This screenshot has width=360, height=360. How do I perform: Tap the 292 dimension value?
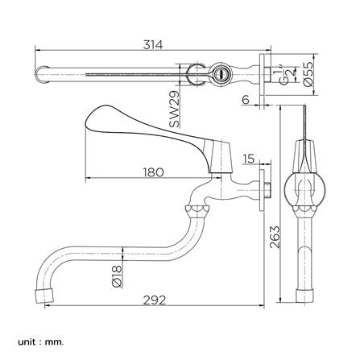point(155,300)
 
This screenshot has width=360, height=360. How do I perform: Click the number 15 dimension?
point(248,159)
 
